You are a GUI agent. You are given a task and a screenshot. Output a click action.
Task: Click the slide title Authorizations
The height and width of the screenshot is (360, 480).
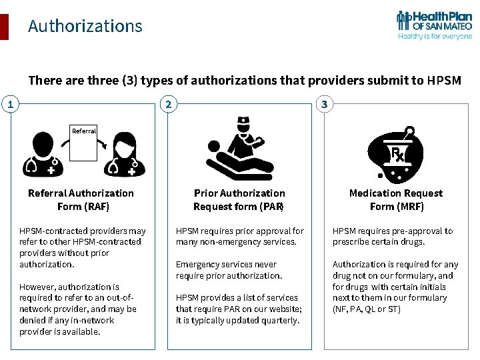(x=85, y=26)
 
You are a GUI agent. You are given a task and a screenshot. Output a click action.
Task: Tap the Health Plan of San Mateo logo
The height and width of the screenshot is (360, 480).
(x=434, y=25)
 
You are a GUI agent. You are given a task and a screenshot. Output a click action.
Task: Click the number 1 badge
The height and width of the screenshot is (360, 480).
(x=9, y=104)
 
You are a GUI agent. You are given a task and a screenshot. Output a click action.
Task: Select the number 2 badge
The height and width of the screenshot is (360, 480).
(x=169, y=104)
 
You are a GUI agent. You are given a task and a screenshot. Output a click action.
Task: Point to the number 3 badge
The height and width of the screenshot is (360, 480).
(x=324, y=104)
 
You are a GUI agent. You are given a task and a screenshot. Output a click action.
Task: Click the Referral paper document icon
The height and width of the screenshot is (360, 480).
(x=83, y=143)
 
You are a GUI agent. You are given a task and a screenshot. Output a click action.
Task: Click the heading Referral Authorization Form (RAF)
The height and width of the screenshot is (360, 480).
(x=81, y=199)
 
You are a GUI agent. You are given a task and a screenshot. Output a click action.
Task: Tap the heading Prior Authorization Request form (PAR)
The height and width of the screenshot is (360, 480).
(x=239, y=199)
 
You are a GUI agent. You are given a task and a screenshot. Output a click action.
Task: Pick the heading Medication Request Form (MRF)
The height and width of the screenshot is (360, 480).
(x=396, y=199)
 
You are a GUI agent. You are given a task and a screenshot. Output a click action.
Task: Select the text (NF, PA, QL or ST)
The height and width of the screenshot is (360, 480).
(x=366, y=309)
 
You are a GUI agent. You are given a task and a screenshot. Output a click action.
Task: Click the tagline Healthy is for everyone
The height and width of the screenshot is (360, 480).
(x=435, y=37)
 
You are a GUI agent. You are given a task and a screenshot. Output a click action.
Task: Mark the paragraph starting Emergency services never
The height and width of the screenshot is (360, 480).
(x=229, y=270)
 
